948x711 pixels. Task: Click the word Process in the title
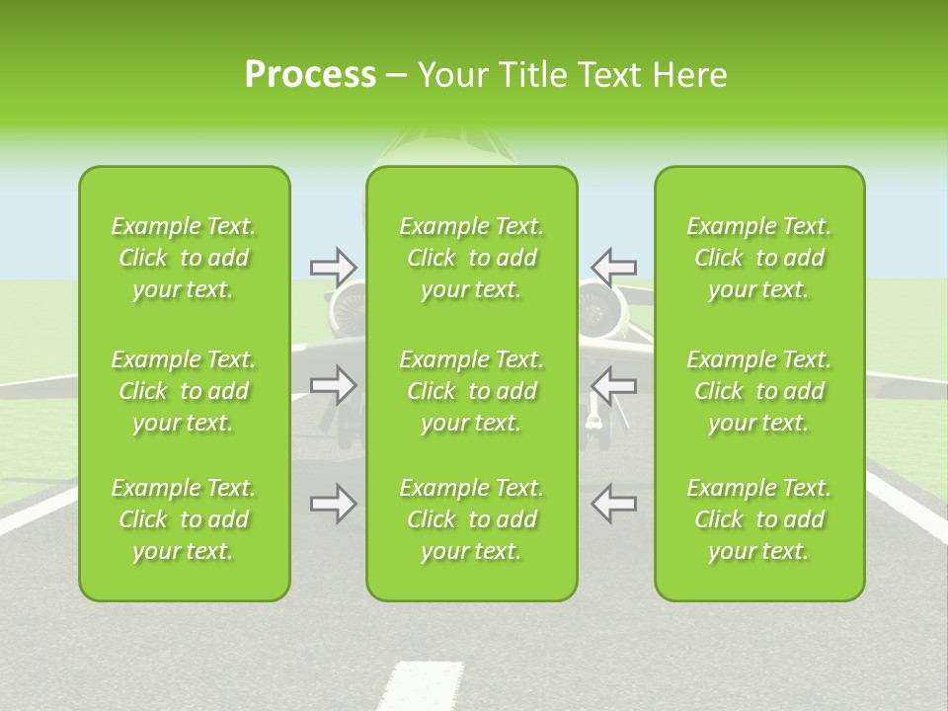[310, 75]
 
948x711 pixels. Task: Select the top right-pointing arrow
[333, 266]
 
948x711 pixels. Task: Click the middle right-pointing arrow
[333, 385]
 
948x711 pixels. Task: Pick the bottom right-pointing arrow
[333, 504]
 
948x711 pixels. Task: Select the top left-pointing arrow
[614, 266]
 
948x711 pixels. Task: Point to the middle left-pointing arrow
[614, 385]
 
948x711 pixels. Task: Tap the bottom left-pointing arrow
[614, 504]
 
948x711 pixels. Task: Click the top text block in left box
[184, 258]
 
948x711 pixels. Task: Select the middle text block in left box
[184, 391]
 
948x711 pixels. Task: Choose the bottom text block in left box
[184, 519]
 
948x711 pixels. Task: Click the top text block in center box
[472, 258]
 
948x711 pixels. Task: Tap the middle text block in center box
[472, 391]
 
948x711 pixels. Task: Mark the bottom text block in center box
[472, 519]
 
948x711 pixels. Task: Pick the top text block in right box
[759, 258]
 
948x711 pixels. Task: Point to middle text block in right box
[759, 391]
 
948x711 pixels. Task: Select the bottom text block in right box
[759, 519]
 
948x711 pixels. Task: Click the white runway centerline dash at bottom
[406, 687]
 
